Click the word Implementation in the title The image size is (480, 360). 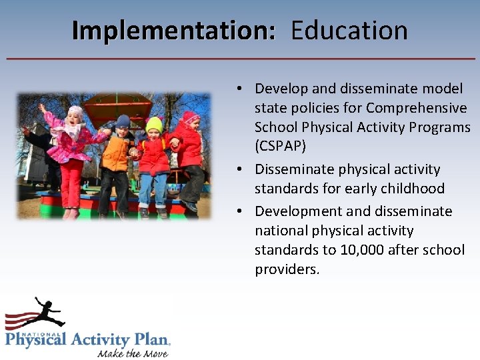[173, 31]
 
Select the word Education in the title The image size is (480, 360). [349, 31]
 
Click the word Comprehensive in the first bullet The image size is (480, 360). [417, 108]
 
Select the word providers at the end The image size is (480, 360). [287, 269]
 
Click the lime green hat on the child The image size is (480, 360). [155, 124]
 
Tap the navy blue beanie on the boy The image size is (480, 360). [123, 121]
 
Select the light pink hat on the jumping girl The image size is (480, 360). [75, 111]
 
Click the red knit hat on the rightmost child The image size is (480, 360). [191, 117]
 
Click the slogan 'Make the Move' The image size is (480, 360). [133, 353]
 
